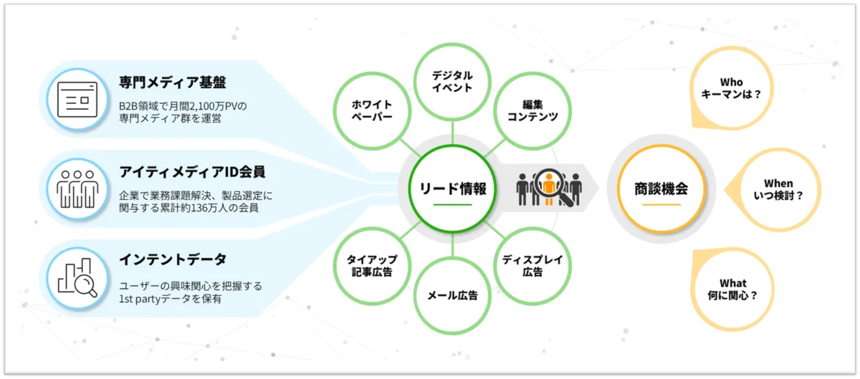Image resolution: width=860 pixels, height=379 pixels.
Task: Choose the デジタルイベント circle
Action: tap(452, 81)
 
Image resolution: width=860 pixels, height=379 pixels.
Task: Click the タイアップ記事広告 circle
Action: tap(371, 266)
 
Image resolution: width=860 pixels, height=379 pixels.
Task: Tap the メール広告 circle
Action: tap(452, 294)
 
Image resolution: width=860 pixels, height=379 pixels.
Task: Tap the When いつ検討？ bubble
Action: tap(778, 189)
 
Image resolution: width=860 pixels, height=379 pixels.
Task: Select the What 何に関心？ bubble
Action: tap(732, 288)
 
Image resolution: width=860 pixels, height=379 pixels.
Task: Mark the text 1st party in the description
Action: tap(144, 299)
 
